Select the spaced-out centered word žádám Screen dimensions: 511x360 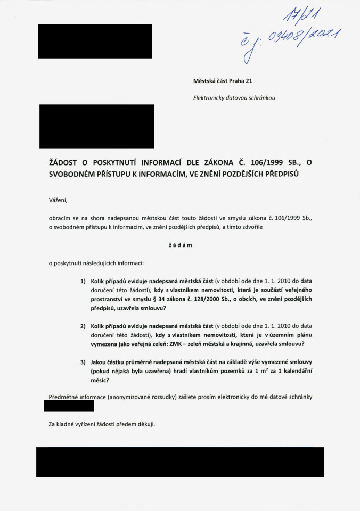pyautogui.click(x=179, y=245)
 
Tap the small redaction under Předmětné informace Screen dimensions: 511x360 pyautogui.click(x=69, y=406)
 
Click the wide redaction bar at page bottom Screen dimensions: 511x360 pyautogui.click(x=179, y=461)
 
